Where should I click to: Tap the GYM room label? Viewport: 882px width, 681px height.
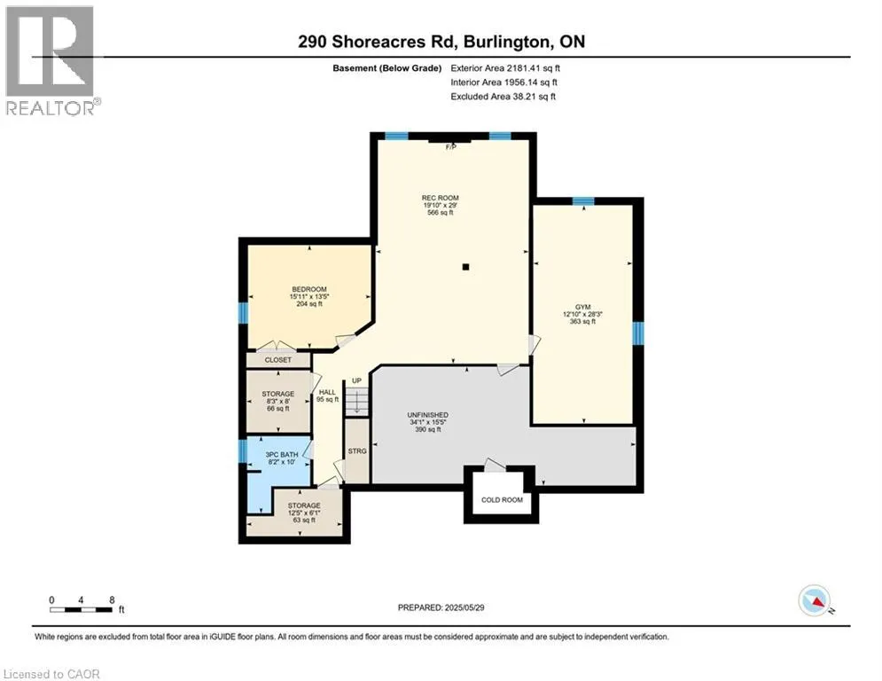(582, 306)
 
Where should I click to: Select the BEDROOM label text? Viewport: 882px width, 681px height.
(309, 289)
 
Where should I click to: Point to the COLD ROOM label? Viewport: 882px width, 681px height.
(502, 499)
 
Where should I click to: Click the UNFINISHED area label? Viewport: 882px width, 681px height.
(427, 414)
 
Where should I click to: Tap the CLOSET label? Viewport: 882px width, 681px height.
(277, 360)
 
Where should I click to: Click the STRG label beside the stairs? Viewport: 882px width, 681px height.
(356, 451)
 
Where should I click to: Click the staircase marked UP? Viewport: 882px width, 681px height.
(355, 401)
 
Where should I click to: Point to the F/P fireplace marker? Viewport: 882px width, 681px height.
(450, 146)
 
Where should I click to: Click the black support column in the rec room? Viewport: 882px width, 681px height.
(465, 266)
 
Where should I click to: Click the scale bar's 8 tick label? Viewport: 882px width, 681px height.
(111, 599)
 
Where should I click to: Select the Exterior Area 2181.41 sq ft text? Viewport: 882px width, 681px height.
(504, 67)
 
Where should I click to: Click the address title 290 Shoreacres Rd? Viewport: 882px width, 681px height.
(441, 42)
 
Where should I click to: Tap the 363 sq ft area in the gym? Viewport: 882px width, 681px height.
(582, 322)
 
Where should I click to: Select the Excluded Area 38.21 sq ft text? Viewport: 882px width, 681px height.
(503, 96)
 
